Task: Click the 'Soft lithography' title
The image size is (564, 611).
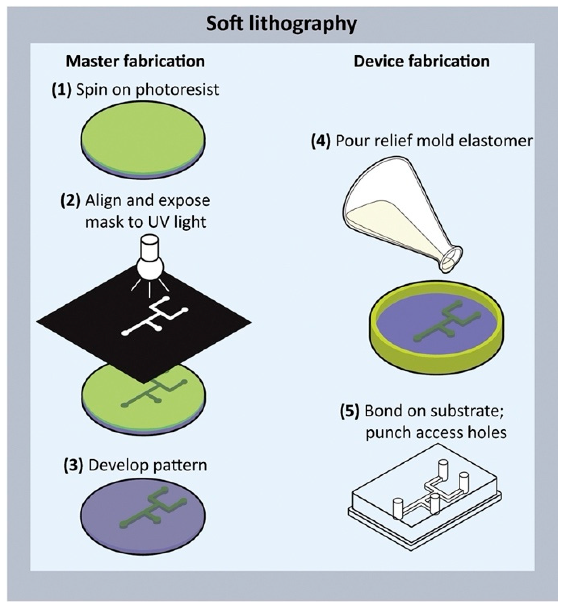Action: pos(281,24)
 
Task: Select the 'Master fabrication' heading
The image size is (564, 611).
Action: pos(135,61)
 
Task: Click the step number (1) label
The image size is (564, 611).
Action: pos(62,90)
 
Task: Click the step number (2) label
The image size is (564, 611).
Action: pos(71,201)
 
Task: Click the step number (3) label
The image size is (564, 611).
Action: pos(73,465)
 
